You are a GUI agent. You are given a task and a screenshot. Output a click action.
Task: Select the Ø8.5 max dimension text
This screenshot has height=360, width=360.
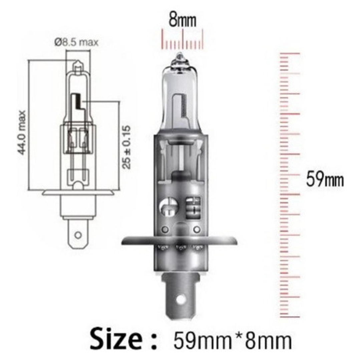click(77, 42)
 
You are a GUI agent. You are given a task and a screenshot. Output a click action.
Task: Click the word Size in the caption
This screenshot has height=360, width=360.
click(118, 340)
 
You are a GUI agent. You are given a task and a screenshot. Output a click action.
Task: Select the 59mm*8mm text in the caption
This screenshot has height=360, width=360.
click(233, 341)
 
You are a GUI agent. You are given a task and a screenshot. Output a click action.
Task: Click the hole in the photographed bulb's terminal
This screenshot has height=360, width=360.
click(181, 300)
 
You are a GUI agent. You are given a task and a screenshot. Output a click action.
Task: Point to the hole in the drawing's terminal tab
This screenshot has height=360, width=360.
click(78, 235)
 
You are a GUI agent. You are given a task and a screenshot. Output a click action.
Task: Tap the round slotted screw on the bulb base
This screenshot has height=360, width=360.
click(169, 207)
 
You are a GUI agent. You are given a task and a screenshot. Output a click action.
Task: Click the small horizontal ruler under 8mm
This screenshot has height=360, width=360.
click(182, 39)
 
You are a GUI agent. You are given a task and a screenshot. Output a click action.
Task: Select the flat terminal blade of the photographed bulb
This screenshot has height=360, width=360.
click(181, 294)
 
